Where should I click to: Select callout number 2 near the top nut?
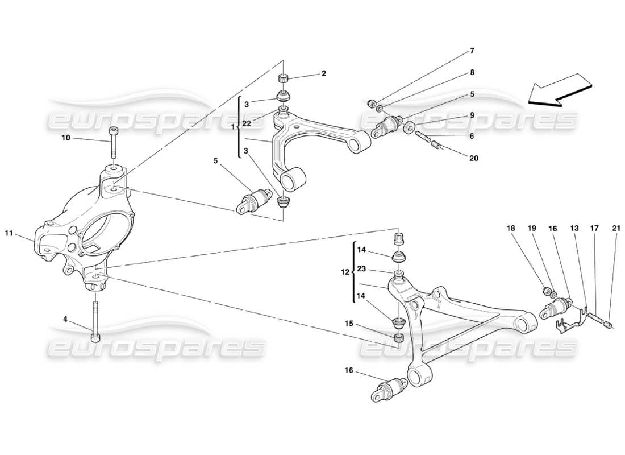pyautogui.click(x=323, y=73)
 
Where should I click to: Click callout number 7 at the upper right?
pyautogui.click(x=471, y=51)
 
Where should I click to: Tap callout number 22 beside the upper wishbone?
pyautogui.click(x=247, y=123)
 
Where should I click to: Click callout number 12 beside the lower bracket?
pyautogui.click(x=345, y=272)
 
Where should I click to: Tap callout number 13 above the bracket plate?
pyautogui.click(x=575, y=228)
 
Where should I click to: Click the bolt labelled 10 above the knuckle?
pyautogui.click(x=113, y=142)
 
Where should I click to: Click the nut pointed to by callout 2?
pyautogui.click(x=283, y=78)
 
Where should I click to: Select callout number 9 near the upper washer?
pyautogui.click(x=471, y=115)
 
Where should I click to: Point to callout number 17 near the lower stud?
pyautogui.click(x=594, y=228)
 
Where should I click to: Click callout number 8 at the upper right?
pyautogui.click(x=471, y=73)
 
